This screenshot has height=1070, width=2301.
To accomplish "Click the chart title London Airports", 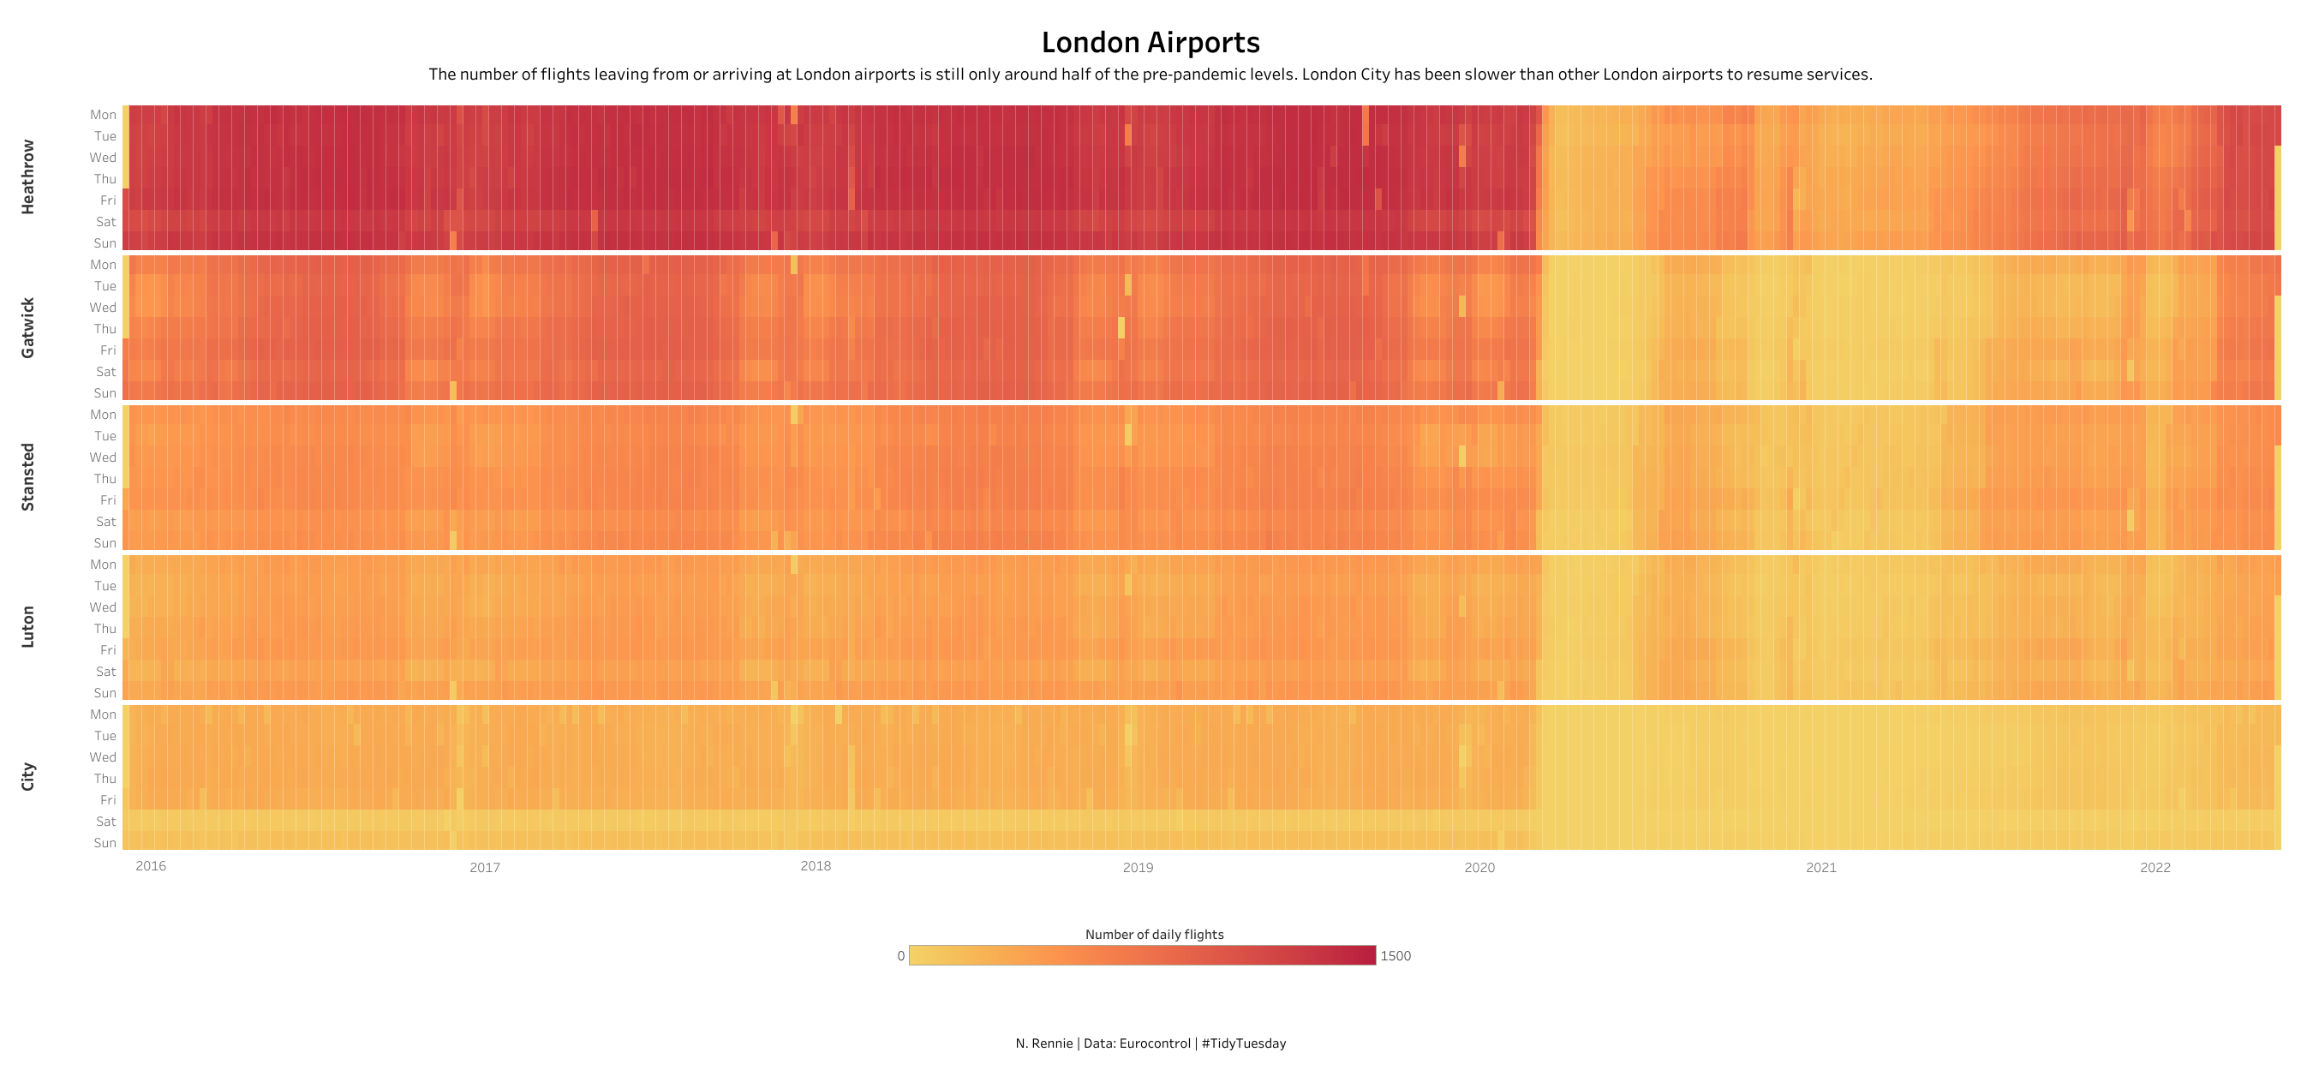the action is [x=1150, y=43].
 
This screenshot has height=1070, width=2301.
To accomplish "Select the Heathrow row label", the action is [x=27, y=176].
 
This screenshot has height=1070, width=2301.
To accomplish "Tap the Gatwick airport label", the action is [x=27, y=328].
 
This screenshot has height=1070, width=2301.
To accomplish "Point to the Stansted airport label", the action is [x=27, y=477].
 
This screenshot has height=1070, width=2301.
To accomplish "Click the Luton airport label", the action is [x=27, y=627].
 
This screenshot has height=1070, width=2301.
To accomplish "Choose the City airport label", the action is [x=27, y=776].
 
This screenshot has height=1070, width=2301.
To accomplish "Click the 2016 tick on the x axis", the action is [x=151, y=865].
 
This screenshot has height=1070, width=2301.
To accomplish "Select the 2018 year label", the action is [x=816, y=865].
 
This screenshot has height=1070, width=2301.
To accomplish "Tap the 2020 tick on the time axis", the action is [x=1479, y=867].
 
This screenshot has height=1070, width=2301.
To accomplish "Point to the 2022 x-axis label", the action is [x=2155, y=867].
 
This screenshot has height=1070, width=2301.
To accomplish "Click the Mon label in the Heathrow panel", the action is [x=103, y=114].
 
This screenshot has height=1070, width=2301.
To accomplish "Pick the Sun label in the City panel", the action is [x=105, y=843].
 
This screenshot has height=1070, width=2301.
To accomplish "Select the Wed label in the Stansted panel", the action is [x=103, y=457].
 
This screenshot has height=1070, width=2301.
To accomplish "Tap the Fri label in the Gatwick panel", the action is [x=108, y=350].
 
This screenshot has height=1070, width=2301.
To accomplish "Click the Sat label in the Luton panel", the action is [x=106, y=672].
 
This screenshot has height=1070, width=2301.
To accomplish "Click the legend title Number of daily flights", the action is [x=1154, y=935].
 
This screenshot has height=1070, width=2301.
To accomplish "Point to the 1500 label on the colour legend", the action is [x=1396, y=956].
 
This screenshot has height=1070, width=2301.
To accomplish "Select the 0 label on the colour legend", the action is [x=900, y=956].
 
